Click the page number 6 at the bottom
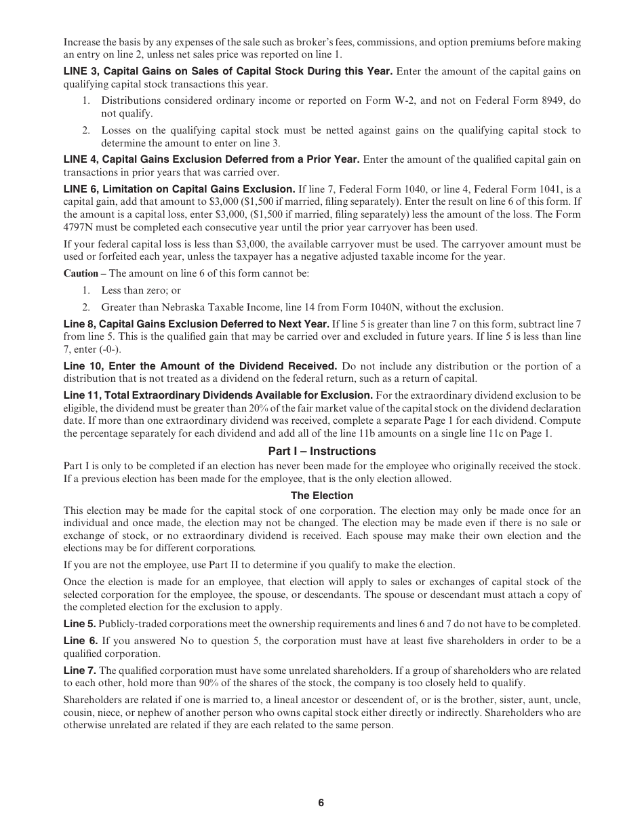tap(321, 803)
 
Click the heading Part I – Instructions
tap(321, 451)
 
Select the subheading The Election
tap(321, 496)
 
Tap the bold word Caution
tap(81, 273)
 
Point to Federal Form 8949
tap(511, 101)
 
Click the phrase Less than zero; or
tap(141, 290)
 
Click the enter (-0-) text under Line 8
tap(88, 349)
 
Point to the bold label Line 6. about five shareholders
tap(80, 641)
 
